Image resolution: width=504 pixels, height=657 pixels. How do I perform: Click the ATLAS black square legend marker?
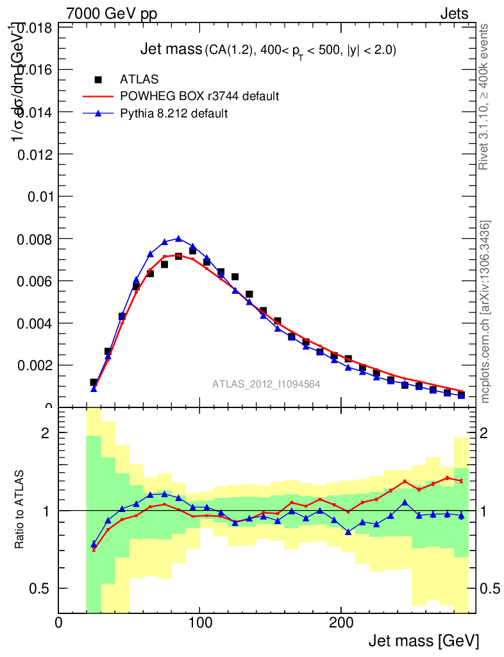(x=98, y=80)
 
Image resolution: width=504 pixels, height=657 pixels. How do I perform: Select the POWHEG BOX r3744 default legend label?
(x=199, y=96)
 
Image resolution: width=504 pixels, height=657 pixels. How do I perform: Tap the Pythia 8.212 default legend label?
(x=174, y=114)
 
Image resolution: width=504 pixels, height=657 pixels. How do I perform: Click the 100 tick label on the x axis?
(x=199, y=623)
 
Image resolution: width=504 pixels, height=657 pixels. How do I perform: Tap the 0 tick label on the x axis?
(x=58, y=623)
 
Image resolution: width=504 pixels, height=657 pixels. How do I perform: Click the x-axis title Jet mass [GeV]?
(x=423, y=641)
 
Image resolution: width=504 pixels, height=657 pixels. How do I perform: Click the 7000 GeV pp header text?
(x=112, y=13)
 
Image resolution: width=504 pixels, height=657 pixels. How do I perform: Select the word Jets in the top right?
(x=453, y=13)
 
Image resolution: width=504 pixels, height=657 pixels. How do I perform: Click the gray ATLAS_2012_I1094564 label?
(x=266, y=384)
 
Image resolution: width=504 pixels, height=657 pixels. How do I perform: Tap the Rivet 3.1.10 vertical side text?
(x=485, y=97)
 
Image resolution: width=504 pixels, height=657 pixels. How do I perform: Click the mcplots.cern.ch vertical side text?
(x=485, y=311)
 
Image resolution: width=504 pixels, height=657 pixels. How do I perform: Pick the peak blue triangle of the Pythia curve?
(x=178, y=239)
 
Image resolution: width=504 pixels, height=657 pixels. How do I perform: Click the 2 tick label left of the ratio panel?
(x=45, y=433)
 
